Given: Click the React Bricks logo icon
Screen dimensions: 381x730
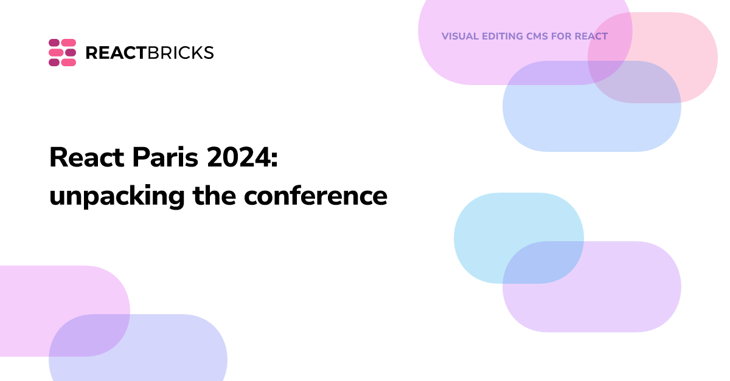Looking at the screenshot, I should (62, 52).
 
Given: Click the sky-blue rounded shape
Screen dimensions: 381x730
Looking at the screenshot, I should (487, 225).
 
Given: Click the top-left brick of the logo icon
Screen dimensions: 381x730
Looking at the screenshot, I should (54, 43).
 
